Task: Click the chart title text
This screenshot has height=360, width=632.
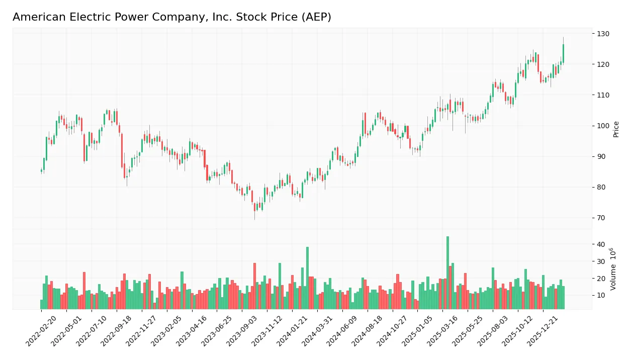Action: pos(171,17)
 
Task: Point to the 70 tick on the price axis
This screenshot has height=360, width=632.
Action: pos(601,218)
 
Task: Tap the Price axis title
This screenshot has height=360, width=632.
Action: pos(616,129)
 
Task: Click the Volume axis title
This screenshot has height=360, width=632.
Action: pos(614,269)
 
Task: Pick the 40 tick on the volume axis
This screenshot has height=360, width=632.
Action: pos(601,244)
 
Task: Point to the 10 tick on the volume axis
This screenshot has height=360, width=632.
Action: pos(601,295)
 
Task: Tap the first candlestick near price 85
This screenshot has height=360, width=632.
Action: pos(42,171)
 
